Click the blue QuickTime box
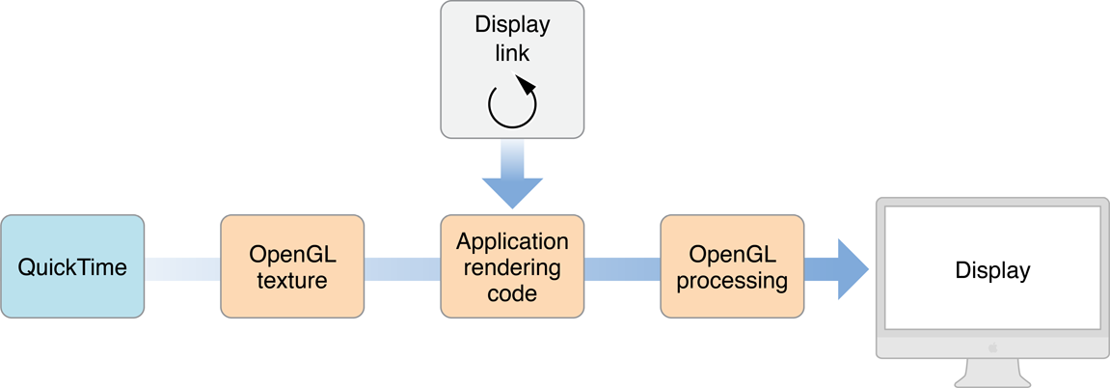[72, 267]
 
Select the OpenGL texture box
[292, 267]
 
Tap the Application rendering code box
[512, 267]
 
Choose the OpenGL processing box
[731, 267]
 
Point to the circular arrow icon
[512, 103]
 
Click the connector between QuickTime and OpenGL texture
[182, 268]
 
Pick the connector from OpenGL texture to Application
[402, 268]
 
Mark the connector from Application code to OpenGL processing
[621, 268]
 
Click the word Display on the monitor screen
[992, 270]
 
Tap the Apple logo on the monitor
[992, 345]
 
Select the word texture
[292, 281]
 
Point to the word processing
[732, 281]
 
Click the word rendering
[512, 267]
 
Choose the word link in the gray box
[512, 53]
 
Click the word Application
[512, 241]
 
